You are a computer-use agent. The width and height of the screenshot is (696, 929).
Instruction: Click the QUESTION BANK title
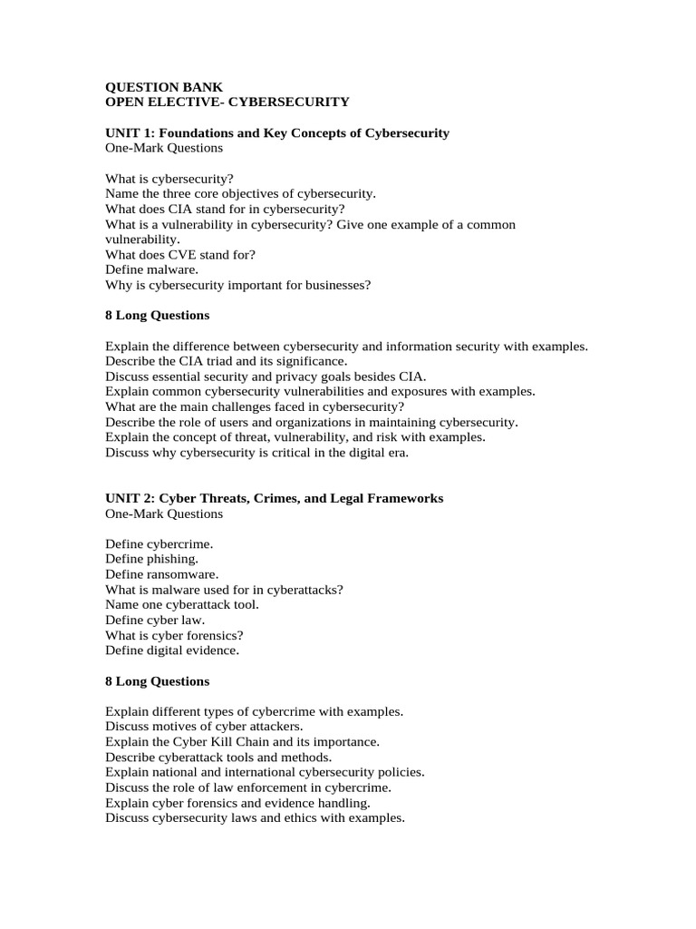(163, 87)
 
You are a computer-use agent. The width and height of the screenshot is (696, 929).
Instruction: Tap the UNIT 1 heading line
(277, 132)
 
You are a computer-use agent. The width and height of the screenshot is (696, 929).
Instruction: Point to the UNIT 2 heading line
(275, 498)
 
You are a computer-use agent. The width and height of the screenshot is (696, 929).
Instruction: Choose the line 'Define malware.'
(151, 269)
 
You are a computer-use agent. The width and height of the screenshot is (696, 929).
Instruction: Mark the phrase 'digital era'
(379, 452)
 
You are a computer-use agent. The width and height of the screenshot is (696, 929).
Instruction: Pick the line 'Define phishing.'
(151, 559)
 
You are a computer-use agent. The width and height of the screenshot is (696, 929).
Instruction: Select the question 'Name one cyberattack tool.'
(181, 604)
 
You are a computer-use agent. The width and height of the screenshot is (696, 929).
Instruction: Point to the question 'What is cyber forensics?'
(174, 635)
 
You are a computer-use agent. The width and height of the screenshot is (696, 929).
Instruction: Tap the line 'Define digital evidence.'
(172, 650)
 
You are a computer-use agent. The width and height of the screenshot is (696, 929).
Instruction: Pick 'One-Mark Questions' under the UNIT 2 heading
(164, 513)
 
